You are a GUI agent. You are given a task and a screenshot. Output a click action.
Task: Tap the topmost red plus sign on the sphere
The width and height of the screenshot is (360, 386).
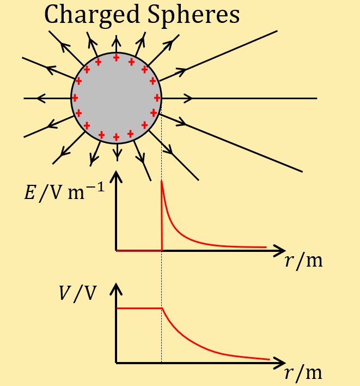(116, 58)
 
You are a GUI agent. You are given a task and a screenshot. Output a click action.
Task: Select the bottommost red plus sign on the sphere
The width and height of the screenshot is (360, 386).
(116, 137)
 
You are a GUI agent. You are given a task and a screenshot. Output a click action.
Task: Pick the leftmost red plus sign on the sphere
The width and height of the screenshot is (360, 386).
(75, 98)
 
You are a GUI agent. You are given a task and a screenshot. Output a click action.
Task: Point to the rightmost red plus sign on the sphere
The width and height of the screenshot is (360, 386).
(157, 98)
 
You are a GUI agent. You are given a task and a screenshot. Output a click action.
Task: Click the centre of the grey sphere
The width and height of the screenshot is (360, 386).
(116, 98)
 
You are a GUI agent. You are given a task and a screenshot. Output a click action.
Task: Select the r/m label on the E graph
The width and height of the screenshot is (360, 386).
(303, 261)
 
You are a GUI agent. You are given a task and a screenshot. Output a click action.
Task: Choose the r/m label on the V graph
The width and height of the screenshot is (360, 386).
(303, 373)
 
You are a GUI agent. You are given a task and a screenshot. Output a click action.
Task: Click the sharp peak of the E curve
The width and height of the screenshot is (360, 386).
(162, 182)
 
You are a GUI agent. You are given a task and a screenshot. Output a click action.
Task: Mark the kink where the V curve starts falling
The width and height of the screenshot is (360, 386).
(162, 309)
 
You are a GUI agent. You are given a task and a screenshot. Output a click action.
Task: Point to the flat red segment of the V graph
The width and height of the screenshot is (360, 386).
(139, 309)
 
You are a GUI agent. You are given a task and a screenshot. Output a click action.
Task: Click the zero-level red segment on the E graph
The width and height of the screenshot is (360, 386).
(139, 250)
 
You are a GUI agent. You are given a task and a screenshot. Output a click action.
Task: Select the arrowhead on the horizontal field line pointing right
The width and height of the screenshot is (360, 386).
(189, 98)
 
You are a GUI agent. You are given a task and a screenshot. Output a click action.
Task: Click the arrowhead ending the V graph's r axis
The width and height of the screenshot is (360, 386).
(281, 363)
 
